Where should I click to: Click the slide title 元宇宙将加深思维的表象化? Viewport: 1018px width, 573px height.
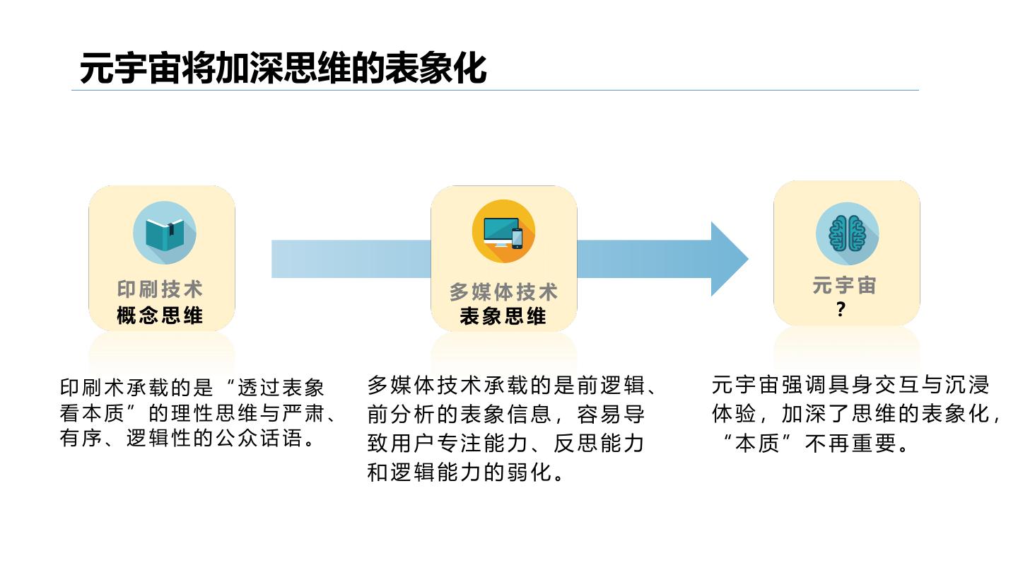283,69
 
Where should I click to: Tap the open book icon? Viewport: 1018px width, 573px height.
164,233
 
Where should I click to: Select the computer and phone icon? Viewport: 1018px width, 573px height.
503,231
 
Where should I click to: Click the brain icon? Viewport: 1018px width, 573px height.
847,234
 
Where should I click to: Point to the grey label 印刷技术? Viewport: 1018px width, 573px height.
160,289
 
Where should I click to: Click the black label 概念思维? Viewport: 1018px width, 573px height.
160,316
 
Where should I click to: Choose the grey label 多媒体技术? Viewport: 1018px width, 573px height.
503,292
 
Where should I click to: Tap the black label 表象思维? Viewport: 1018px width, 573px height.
503,317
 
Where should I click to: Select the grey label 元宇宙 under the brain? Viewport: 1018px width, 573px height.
845,286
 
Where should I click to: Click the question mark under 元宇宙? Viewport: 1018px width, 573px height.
841,310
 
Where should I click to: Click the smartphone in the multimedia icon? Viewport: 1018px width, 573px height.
517,238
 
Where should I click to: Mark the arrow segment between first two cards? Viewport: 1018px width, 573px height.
351,259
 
